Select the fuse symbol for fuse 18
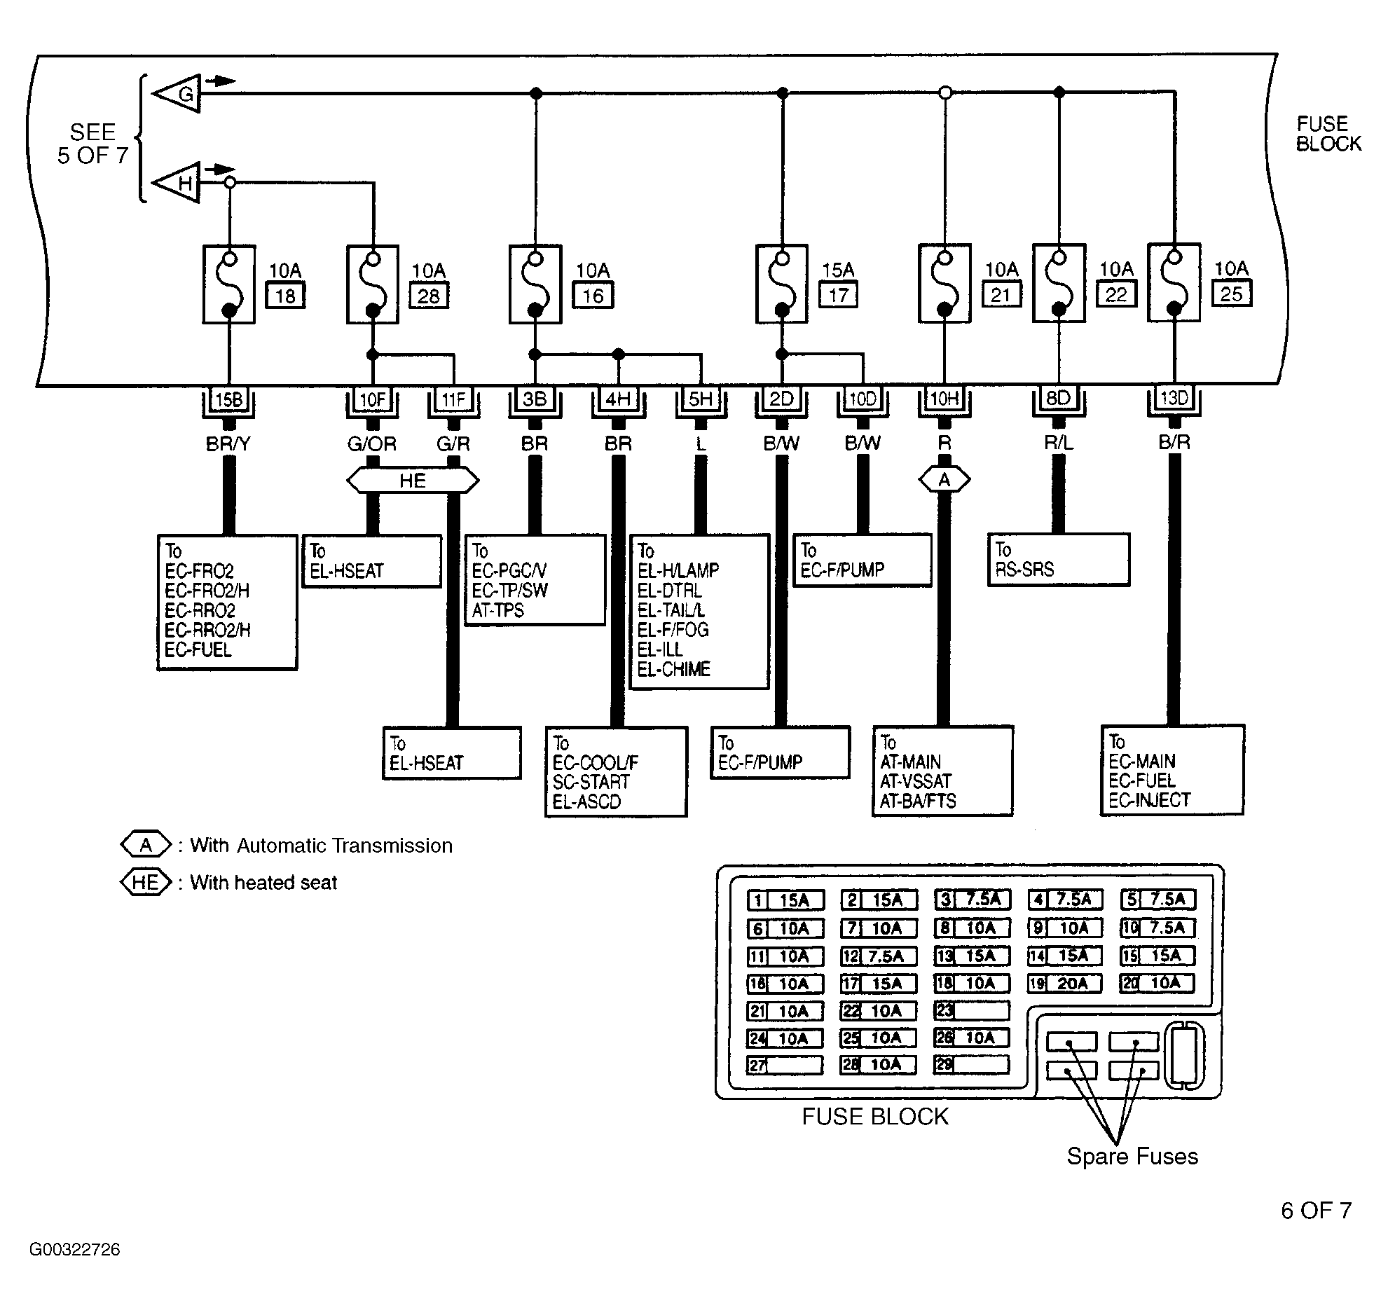pos(228,284)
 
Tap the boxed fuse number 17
pos(839,295)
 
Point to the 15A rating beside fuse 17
pos(838,270)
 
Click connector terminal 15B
pos(228,400)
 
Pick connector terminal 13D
pos(1174,399)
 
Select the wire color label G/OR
pos(372,443)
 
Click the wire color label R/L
pos(1059,443)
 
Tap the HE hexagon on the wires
pos(413,481)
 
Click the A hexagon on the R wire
pos(944,480)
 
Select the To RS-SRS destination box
pos(1059,560)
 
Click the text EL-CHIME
pos(673,669)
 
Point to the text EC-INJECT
pos(1149,800)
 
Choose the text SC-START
pos(591,782)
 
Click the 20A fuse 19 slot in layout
pos(1065,984)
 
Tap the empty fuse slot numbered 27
pos(785,1066)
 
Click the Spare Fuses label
pos(1132,1156)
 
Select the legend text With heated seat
pos(263,883)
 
